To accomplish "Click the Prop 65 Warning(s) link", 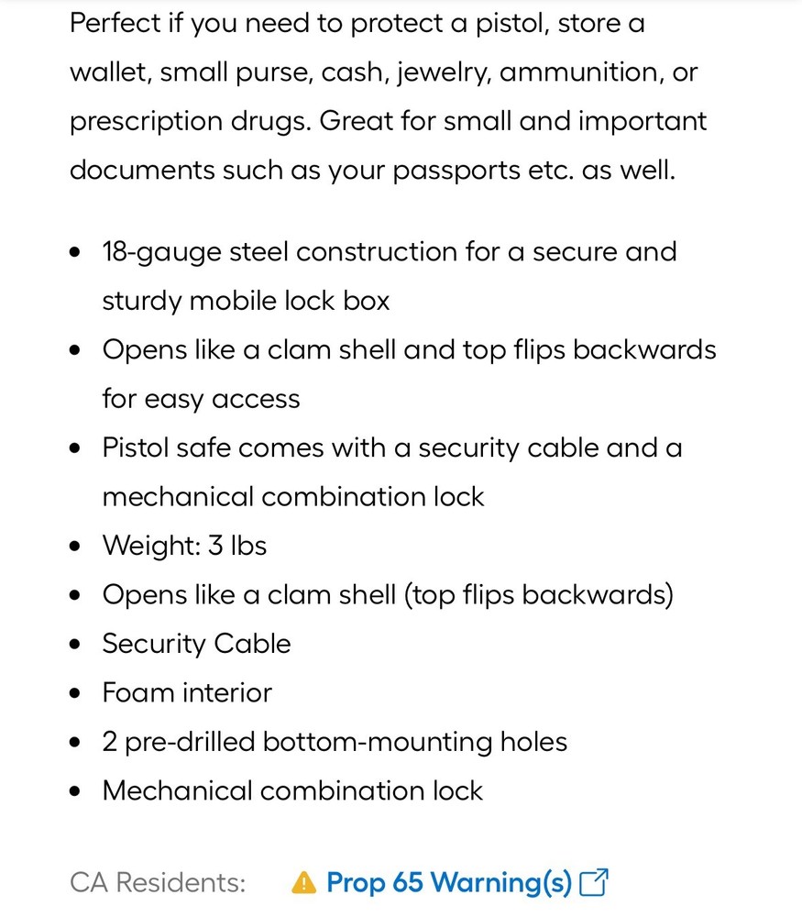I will coord(449,883).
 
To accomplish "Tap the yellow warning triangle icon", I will coord(303,883).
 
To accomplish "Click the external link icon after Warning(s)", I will coord(595,883).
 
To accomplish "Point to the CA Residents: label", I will coord(158,883).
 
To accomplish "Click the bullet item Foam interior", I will coord(187,692).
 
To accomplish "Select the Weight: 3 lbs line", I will coord(184,546).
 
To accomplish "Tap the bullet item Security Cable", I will coord(196,644).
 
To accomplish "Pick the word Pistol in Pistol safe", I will coord(136,447).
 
